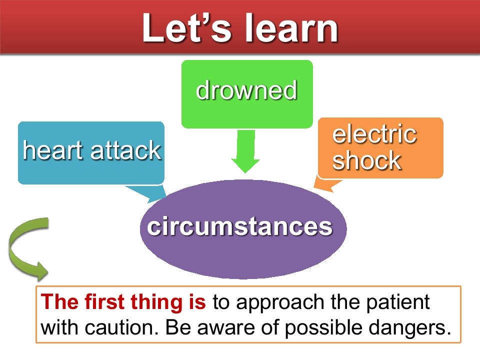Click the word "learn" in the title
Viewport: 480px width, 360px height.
(x=291, y=28)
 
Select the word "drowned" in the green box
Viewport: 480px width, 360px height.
(x=246, y=90)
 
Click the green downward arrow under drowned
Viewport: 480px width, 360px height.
(x=245, y=151)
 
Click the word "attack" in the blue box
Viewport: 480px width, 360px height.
(x=126, y=150)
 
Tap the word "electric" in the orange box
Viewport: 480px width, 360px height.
(x=374, y=134)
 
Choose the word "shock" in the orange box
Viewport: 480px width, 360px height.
(x=366, y=160)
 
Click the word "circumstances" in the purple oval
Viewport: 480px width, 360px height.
(x=239, y=226)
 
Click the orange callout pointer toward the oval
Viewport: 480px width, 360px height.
(x=326, y=184)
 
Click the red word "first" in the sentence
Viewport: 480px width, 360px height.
(x=104, y=301)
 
